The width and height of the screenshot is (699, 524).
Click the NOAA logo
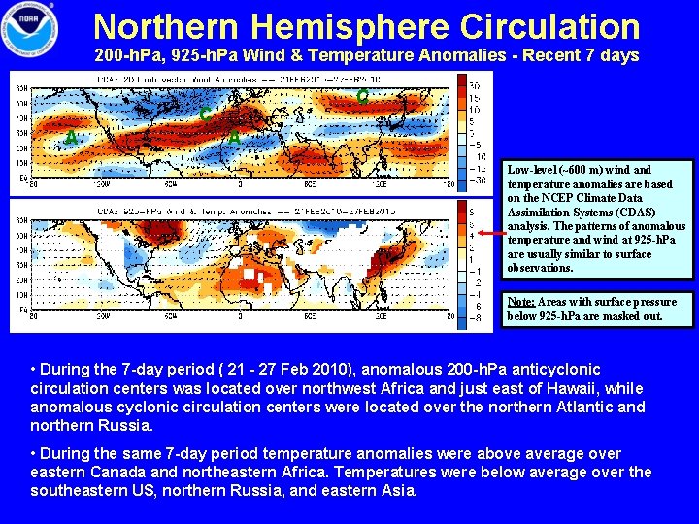point(30,30)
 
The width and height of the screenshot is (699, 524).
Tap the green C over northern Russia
point(361,97)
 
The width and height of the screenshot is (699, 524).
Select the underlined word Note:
point(520,302)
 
